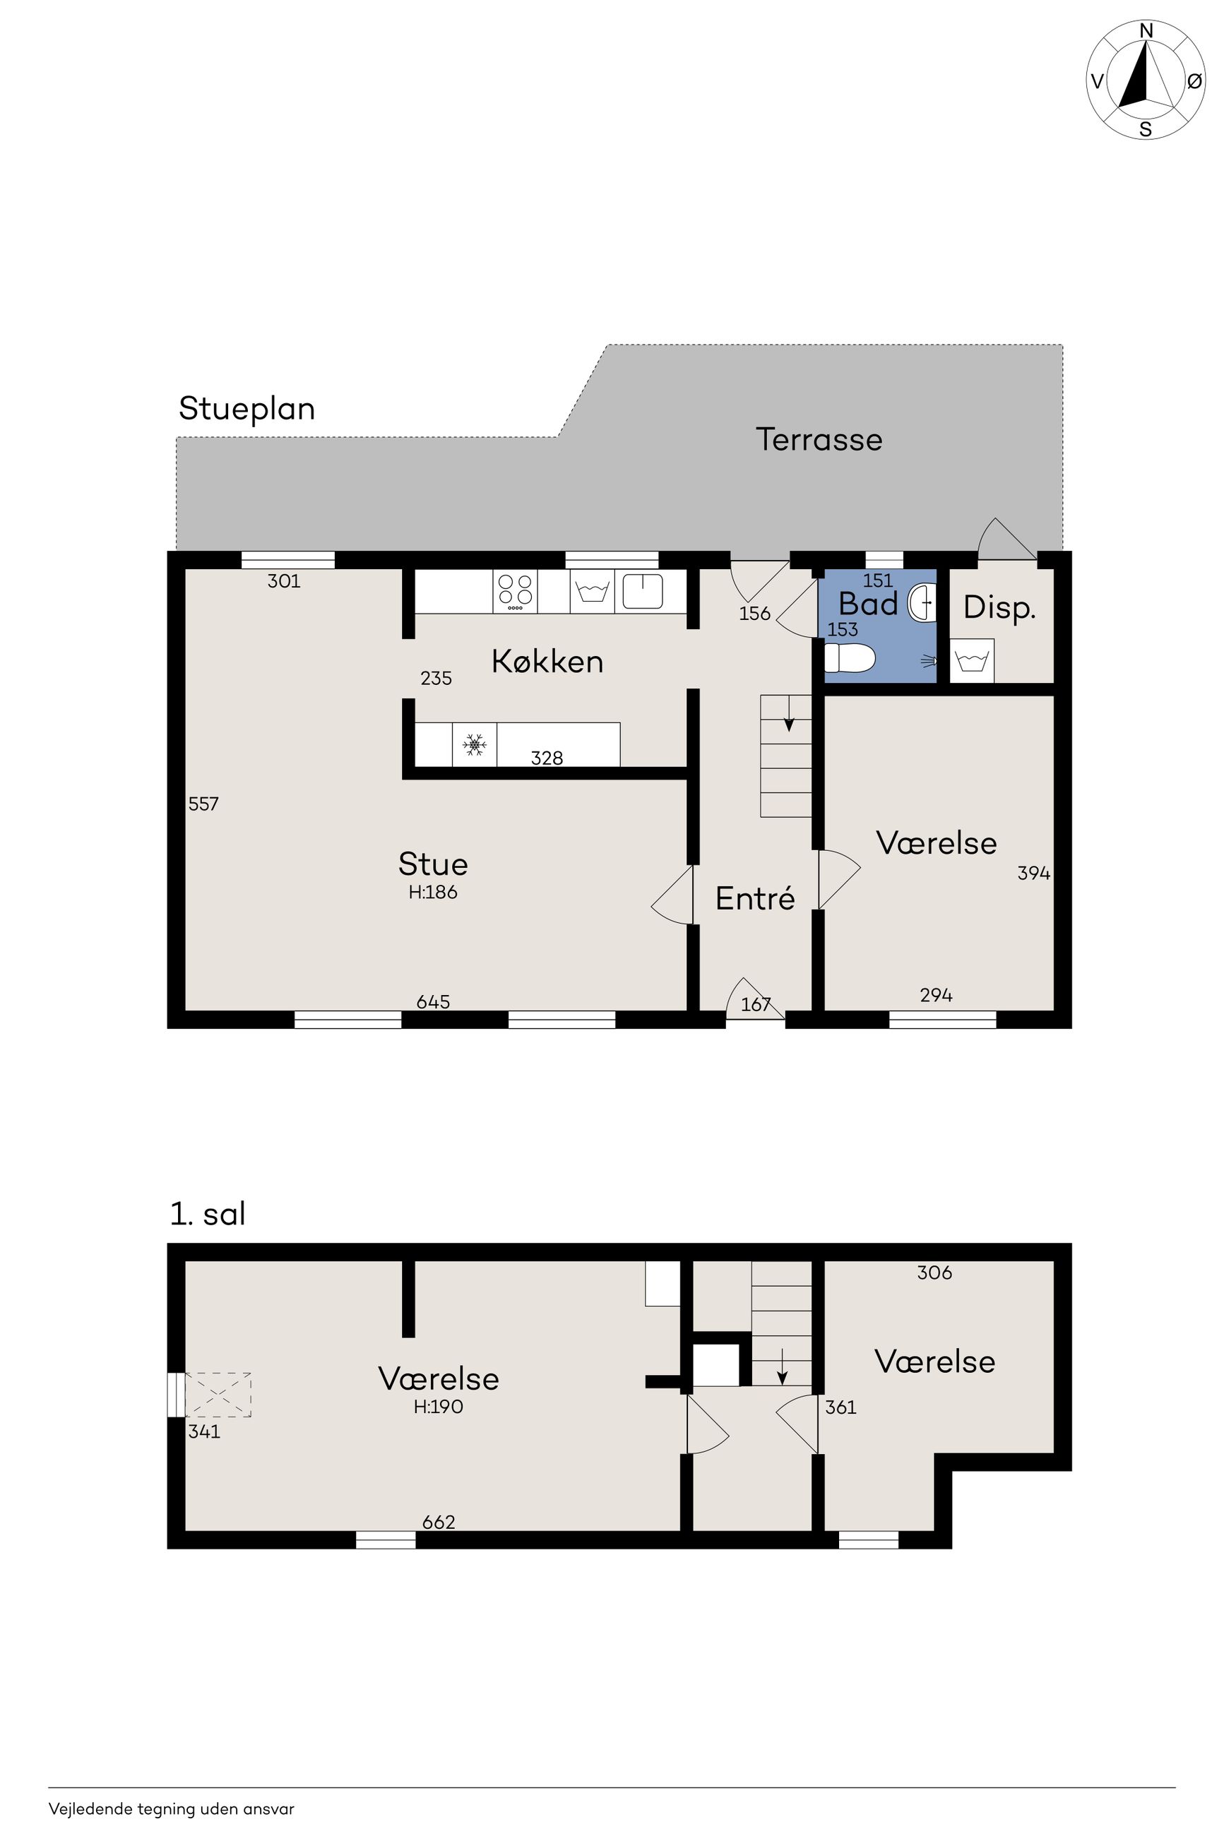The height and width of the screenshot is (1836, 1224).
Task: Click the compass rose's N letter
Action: [x=1146, y=30]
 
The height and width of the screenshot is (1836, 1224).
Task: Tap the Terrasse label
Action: [x=819, y=439]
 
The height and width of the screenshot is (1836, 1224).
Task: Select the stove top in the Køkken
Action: [x=515, y=592]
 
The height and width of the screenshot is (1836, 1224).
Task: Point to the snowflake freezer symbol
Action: [x=475, y=744]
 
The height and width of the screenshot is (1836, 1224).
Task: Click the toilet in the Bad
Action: [x=849, y=657]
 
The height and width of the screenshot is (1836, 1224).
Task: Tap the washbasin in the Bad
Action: [x=922, y=603]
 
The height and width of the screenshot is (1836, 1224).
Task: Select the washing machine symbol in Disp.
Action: [x=971, y=661]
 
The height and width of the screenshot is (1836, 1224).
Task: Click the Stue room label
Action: [x=433, y=864]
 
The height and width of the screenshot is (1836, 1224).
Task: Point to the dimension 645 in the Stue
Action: [x=433, y=1001]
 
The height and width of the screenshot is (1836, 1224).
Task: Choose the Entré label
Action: [x=755, y=898]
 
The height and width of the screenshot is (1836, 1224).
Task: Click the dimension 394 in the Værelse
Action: [x=1033, y=873]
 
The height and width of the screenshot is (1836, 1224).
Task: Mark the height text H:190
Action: [x=438, y=1406]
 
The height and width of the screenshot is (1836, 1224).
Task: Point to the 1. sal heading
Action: [x=208, y=1213]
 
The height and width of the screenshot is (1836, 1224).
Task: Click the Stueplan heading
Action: [x=246, y=409]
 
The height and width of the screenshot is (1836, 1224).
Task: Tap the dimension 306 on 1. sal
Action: [x=934, y=1272]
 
